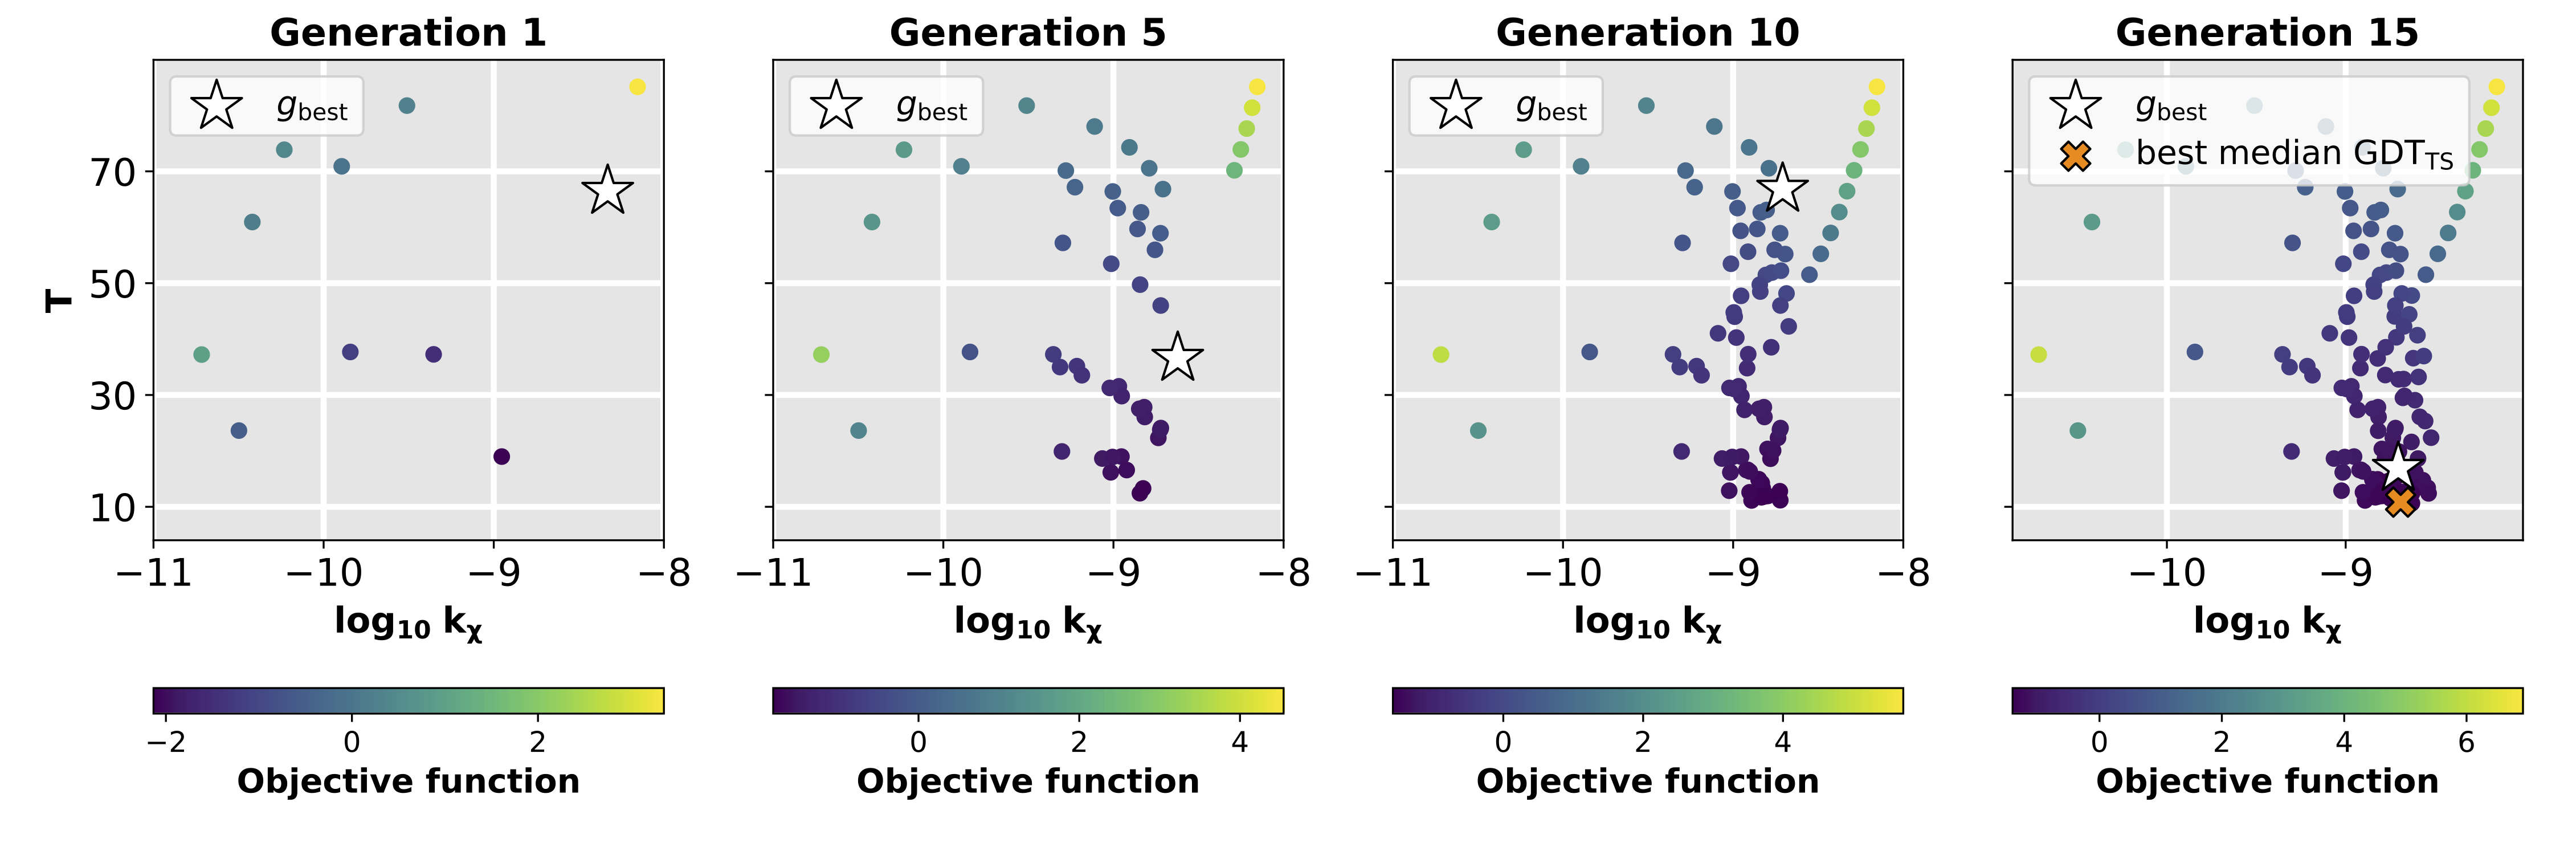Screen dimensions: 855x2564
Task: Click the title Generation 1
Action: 408,33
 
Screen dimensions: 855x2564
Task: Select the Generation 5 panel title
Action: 1027,33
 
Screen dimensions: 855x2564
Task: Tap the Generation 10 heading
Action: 1647,33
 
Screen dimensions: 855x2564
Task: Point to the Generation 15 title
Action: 2267,33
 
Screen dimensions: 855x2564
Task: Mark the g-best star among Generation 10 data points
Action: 1782,186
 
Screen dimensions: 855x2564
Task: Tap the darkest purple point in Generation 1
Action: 501,457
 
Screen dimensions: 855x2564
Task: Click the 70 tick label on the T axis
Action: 112,172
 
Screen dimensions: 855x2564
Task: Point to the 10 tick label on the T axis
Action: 112,508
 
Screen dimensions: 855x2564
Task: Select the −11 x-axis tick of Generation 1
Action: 153,573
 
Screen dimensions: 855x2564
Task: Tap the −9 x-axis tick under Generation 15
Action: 2346,573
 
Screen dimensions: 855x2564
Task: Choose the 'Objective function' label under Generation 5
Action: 1027,781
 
